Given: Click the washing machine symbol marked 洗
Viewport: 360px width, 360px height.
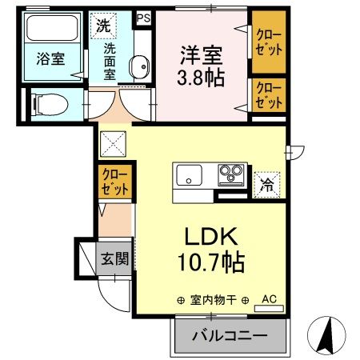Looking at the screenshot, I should pos(105,25).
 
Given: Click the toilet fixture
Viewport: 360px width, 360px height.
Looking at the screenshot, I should pos(50,102).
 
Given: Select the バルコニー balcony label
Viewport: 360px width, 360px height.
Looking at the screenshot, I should pos(229,337).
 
